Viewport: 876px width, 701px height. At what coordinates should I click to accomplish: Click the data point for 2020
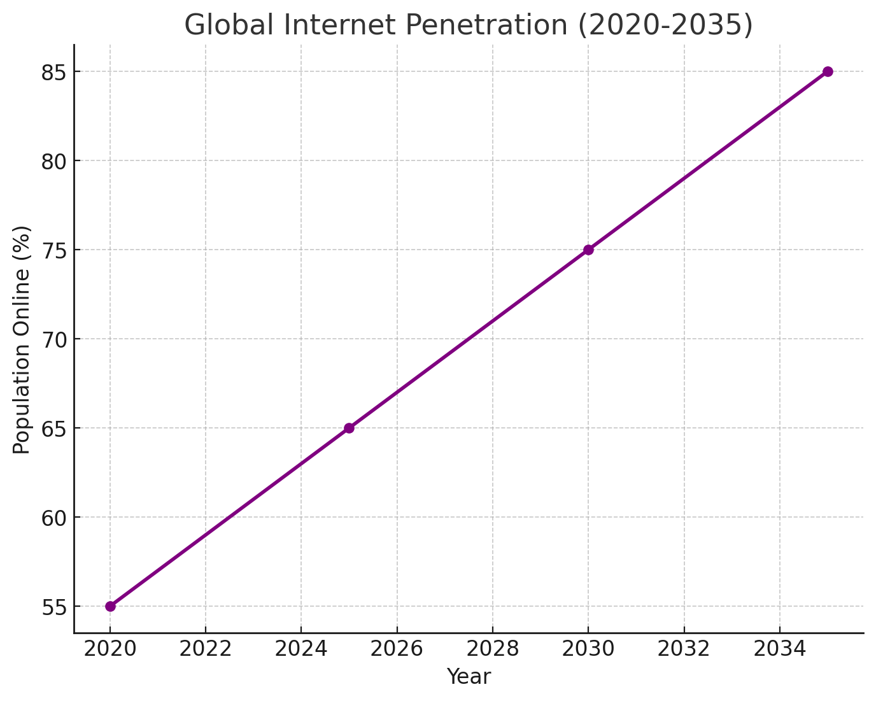tap(110, 606)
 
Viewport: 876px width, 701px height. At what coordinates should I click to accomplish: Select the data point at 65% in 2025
tap(349, 428)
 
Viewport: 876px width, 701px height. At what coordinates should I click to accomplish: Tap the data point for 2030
tap(588, 250)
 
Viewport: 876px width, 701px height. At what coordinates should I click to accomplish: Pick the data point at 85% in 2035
tap(828, 71)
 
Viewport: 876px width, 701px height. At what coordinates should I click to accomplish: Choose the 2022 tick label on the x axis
tap(206, 649)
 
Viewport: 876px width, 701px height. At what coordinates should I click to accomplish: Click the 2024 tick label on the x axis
tap(301, 649)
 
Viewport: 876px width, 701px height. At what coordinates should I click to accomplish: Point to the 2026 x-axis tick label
tap(397, 649)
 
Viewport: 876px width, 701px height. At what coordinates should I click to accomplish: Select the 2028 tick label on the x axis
tap(493, 649)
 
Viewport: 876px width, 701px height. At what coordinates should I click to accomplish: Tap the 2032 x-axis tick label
tap(684, 649)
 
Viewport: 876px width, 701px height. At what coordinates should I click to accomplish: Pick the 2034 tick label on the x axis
tap(779, 649)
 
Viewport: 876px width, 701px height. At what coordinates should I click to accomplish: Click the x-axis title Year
tap(469, 677)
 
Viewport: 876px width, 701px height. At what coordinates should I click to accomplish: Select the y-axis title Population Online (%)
tap(22, 339)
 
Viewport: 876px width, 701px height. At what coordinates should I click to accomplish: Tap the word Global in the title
tap(230, 25)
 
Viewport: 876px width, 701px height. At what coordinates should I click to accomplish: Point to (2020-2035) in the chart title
tap(665, 25)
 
